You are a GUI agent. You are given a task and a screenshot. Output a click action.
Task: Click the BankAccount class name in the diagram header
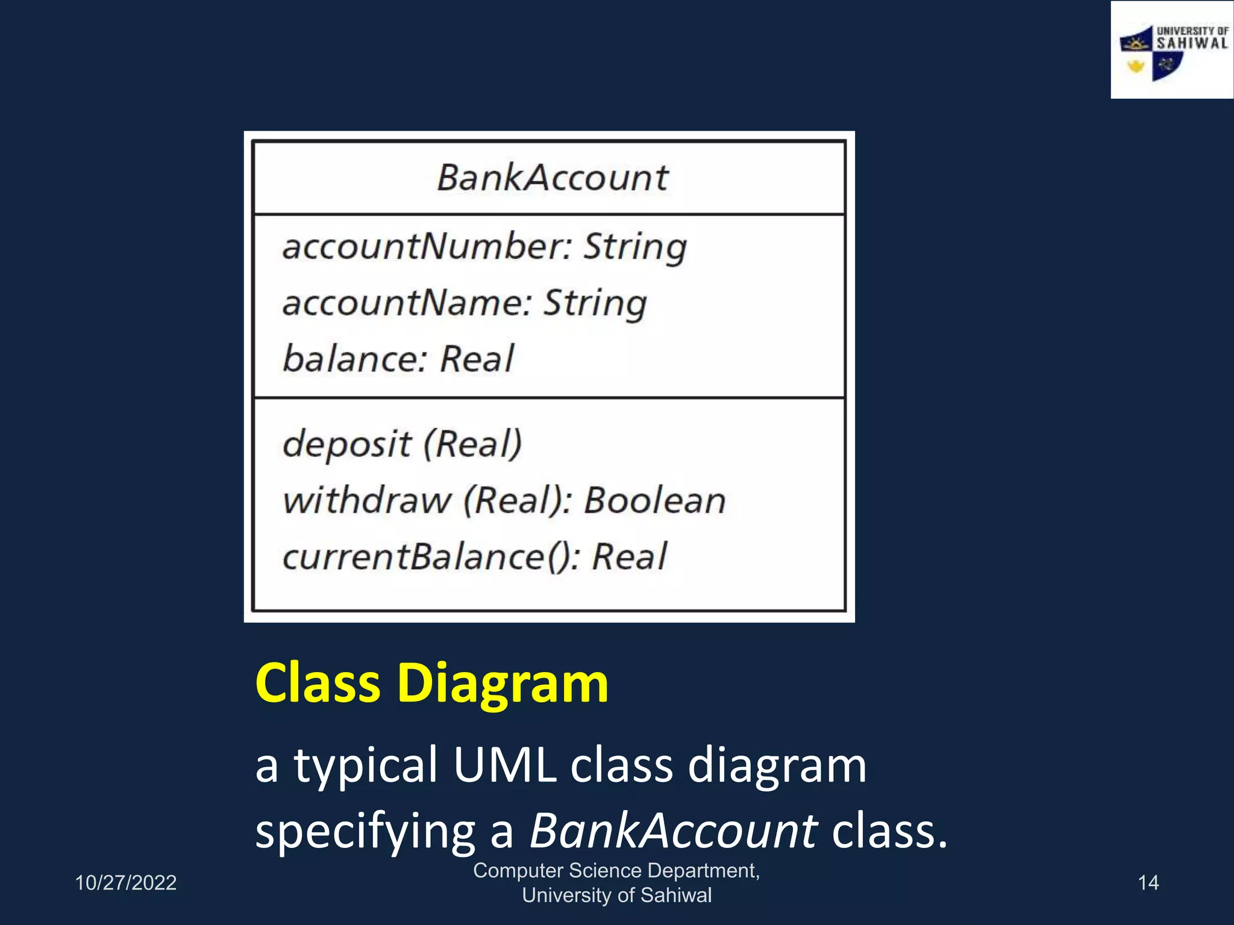(x=552, y=178)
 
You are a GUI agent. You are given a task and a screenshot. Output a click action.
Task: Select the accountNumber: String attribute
(x=484, y=247)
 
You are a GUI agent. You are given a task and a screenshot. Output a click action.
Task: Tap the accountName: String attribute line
(x=465, y=303)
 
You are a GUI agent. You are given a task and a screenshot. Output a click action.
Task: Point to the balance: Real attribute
(x=398, y=359)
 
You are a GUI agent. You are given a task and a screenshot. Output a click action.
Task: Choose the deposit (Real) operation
(x=402, y=444)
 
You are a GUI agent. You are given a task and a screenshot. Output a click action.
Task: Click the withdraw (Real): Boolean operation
(x=504, y=500)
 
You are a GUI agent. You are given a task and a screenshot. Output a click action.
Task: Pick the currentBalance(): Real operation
(x=475, y=556)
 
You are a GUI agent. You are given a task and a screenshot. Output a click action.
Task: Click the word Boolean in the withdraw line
(x=655, y=500)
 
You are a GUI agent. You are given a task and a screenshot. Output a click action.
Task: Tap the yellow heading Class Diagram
(x=431, y=683)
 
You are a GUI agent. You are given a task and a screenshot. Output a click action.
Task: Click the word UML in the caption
(x=504, y=765)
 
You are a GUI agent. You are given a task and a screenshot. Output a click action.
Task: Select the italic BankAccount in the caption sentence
(x=673, y=830)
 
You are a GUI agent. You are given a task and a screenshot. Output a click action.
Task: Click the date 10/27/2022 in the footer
(x=125, y=883)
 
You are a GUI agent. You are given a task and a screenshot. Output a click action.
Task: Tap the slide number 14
(x=1148, y=883)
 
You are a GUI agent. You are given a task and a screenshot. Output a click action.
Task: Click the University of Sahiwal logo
(x=1172, y=51)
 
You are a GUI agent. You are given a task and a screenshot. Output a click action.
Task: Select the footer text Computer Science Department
(x=616, y=871)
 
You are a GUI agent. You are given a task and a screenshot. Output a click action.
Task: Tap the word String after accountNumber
(x=635, y=247)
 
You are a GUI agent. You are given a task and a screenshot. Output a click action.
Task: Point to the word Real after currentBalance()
(x=630, y=556)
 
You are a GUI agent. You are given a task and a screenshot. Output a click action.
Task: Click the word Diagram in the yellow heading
(x=503, y=683)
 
